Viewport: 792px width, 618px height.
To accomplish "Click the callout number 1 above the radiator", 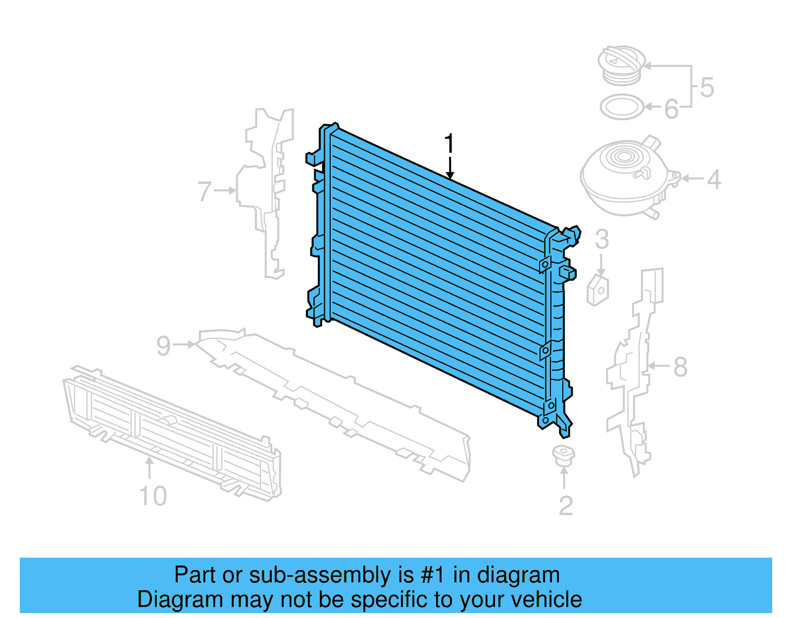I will (x=449, y=144).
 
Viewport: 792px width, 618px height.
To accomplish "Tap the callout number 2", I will (x=565, y=505).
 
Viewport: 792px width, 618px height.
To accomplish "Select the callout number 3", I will (x=601, y=239).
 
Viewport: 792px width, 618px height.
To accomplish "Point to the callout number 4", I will (x=713, y=179).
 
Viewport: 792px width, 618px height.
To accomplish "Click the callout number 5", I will (x=707, y=88).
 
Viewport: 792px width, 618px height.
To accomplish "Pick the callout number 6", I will (x=671, y=109).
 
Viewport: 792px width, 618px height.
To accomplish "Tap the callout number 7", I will (x=204, y=191).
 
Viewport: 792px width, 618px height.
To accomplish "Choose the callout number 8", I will (x=680, y=367).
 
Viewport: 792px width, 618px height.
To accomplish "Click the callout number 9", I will (x=163, y=345).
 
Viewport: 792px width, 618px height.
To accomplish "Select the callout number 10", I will (x=153, y=496).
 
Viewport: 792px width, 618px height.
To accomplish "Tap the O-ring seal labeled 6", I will (x=622, y=107).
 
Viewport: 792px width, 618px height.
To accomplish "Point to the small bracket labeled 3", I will (x=597, y=291).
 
